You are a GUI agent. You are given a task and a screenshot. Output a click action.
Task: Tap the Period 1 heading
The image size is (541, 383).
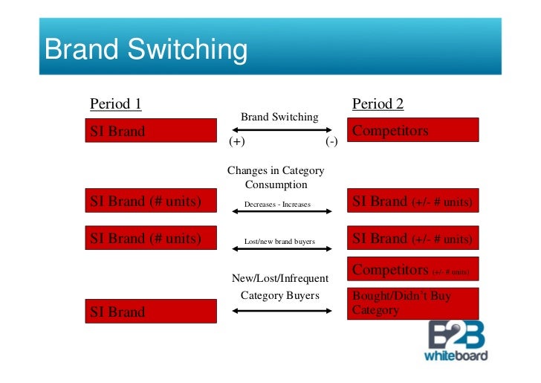coord(115,103)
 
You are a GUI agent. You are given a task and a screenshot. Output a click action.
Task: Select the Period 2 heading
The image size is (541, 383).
coord(378,103)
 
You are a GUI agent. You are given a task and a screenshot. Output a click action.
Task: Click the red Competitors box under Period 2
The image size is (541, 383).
coord(413,130)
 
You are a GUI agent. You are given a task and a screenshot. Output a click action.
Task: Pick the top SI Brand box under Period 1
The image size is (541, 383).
coord(151,132)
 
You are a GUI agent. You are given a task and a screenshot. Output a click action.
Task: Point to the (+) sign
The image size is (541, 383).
coord(236,141)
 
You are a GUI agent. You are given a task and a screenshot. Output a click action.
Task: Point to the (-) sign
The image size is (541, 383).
coord(331,141)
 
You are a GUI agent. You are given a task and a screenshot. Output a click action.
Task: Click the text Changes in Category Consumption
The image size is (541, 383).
coord(276,177)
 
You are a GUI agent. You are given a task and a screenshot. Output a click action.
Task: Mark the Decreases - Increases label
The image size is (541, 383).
coord(277,204)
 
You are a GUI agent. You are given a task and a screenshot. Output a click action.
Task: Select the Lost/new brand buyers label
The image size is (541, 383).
coord(279,242)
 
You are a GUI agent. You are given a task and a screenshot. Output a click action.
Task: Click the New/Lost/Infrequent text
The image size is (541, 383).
coord(279,278)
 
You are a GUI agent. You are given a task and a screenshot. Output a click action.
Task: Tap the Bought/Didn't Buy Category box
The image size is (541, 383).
coord(413,303)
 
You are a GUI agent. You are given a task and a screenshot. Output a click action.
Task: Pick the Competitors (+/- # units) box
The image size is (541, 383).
coord(413,270)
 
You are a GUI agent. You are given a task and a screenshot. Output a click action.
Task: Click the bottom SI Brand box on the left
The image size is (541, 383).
coord(151,312)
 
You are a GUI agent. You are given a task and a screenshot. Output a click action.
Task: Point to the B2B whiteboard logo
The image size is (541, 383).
coord(456,341)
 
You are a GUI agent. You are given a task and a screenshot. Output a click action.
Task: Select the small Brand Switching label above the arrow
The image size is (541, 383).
coord(279,117)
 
